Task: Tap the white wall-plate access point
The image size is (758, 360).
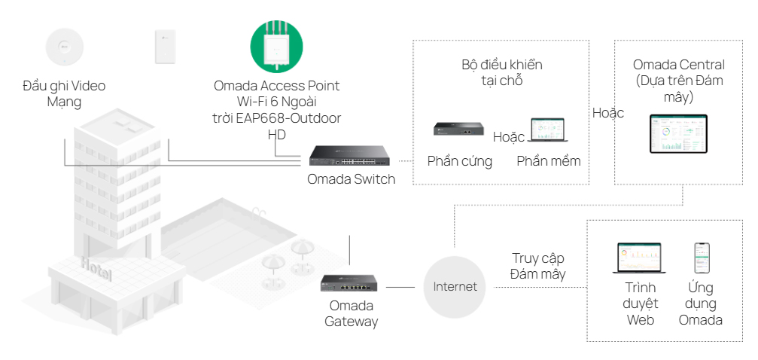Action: click(165, 47)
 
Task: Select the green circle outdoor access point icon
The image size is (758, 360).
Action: click(276, 46)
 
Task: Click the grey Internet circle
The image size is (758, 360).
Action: click(455, 287)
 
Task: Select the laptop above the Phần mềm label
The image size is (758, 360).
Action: click(548, 130)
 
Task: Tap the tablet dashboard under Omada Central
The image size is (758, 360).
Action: click(678, 134)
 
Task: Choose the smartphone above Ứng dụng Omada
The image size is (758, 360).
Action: click(701, 258)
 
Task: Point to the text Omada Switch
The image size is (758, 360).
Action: click(351, 179)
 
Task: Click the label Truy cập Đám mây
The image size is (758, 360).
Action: click(538, 267)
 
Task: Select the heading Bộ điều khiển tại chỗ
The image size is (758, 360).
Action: click(501, 72)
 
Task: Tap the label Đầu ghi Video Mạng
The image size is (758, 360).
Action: click(64, 93)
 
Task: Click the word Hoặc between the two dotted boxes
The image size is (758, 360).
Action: click(607, 113)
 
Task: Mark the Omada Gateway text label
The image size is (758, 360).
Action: click(351, 313)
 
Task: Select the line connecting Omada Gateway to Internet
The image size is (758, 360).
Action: click(401, 287)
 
